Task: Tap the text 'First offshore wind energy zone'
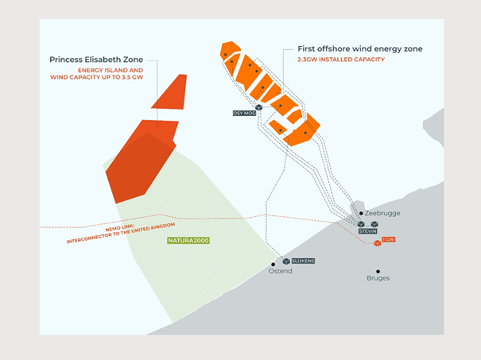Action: click(x=359, y=48)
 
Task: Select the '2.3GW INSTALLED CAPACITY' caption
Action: click(x=340, y=60)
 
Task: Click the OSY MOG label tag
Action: click(x=244, y=114)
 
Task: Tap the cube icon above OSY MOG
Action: click(x=259, y=106)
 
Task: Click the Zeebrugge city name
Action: click(x=384, y=214)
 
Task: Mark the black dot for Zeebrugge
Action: click(x=362, y=213)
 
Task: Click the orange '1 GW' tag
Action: click(x=389, y=239)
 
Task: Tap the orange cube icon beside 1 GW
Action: click(x=378, y=243)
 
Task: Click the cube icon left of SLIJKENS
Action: click(x=285, y=261)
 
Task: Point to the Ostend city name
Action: click(x=281, y=271)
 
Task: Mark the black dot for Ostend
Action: click(x=273, y=264)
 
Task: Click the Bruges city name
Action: click(x=378, y=278)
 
